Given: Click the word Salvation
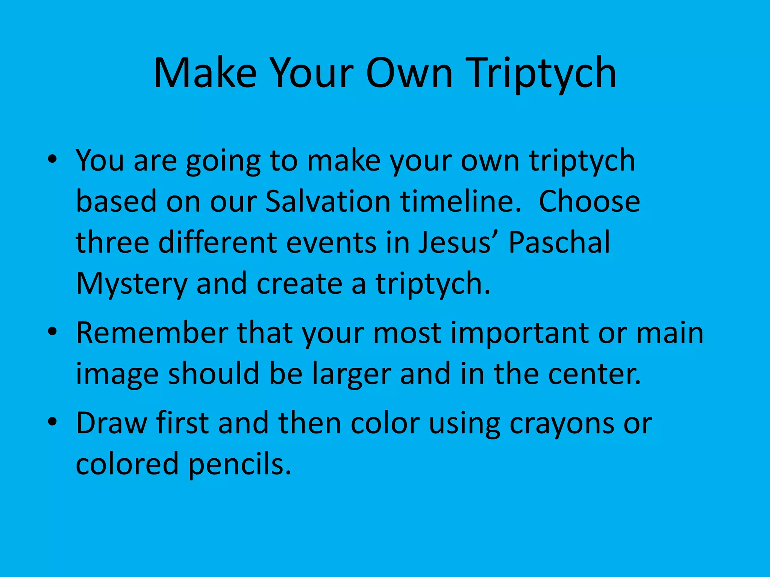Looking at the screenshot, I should click(x=328, y=202).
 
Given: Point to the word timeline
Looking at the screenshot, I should click(x=461, y=202).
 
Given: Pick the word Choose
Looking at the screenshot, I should click(x=589, y=202).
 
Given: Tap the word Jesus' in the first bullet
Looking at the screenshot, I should click(x=460, y=243).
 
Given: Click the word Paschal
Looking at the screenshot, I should click(x=559, y=243).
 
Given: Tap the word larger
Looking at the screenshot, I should click(x=351, y=375).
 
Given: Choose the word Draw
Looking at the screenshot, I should click(x=111, y=423).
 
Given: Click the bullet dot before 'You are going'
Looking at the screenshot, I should click(x=52, y=159).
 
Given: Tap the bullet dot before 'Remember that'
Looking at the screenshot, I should click(x=52, y=332).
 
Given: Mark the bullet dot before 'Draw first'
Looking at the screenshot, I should click(x=52, y=422).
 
